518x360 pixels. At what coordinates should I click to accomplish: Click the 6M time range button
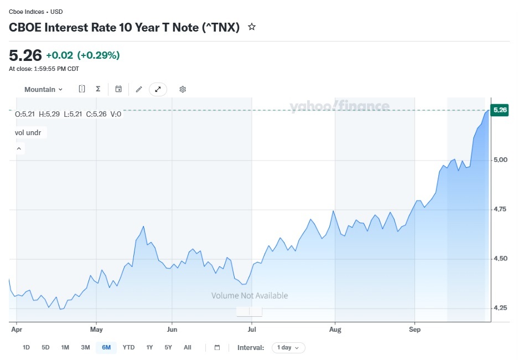click(106, 347)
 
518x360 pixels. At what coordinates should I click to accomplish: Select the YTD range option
click(128, 347)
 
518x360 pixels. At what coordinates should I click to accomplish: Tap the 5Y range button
click(168, 347)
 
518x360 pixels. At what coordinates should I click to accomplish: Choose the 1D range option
click(26, 347)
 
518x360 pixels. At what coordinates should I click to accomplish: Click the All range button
click(187, 347)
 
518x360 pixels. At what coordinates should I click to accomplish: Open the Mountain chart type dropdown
click(43, 89)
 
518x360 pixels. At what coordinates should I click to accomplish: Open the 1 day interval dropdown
click(288, 347)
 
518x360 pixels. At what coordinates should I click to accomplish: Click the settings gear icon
click(183, 89)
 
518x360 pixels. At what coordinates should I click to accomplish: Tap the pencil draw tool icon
click(139, 89)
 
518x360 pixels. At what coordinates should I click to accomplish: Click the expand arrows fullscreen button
click(158, 89)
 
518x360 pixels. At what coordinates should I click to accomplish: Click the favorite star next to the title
click(252, 27)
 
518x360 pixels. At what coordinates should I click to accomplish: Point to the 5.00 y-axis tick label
click(500, 160)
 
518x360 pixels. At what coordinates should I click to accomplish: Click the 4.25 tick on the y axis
click(500, 308)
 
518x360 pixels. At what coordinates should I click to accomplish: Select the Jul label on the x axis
click(252, 329)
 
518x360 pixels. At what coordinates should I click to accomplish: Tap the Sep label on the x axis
click(415, 329)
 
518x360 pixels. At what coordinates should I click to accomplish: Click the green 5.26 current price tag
click(500, 110)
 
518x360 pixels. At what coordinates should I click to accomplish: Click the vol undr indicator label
click(28, 132)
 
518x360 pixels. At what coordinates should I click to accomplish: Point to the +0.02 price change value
click(59, 55)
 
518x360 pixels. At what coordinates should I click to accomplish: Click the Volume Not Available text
click(250, 296)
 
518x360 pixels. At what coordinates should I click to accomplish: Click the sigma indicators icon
click(98, 89)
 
